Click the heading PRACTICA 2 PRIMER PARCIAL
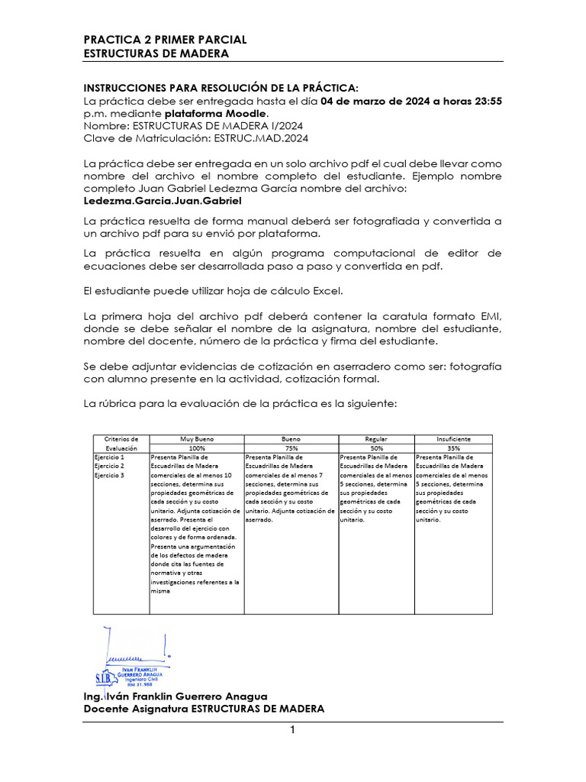coord(165,40)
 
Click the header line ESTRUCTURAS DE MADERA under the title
coord(156,53)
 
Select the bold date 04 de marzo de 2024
coord(376,102)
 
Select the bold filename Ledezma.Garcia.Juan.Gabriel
coord(162,201)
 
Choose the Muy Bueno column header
coord(197,439)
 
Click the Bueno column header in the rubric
coord(291,439)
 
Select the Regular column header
coord(376,439)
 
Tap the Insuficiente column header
coord(453,439)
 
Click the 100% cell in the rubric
coord(197,448)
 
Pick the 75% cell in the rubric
coord(291,448)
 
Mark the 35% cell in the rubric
coord(453,448)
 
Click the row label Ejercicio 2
coord(109,465)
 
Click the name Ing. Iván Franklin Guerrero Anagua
coord(175,696)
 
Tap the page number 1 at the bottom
coord(292,731)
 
